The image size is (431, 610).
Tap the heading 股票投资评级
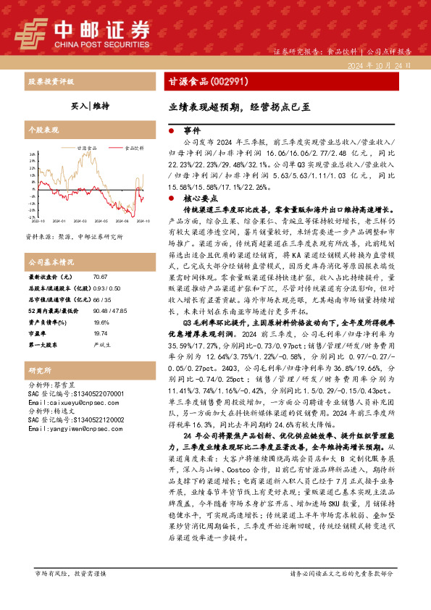tap(50, 81)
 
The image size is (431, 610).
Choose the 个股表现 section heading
tap(43, 130)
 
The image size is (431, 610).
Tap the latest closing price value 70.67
tap(100, 277)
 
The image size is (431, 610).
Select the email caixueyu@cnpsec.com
tap(67, 401)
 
